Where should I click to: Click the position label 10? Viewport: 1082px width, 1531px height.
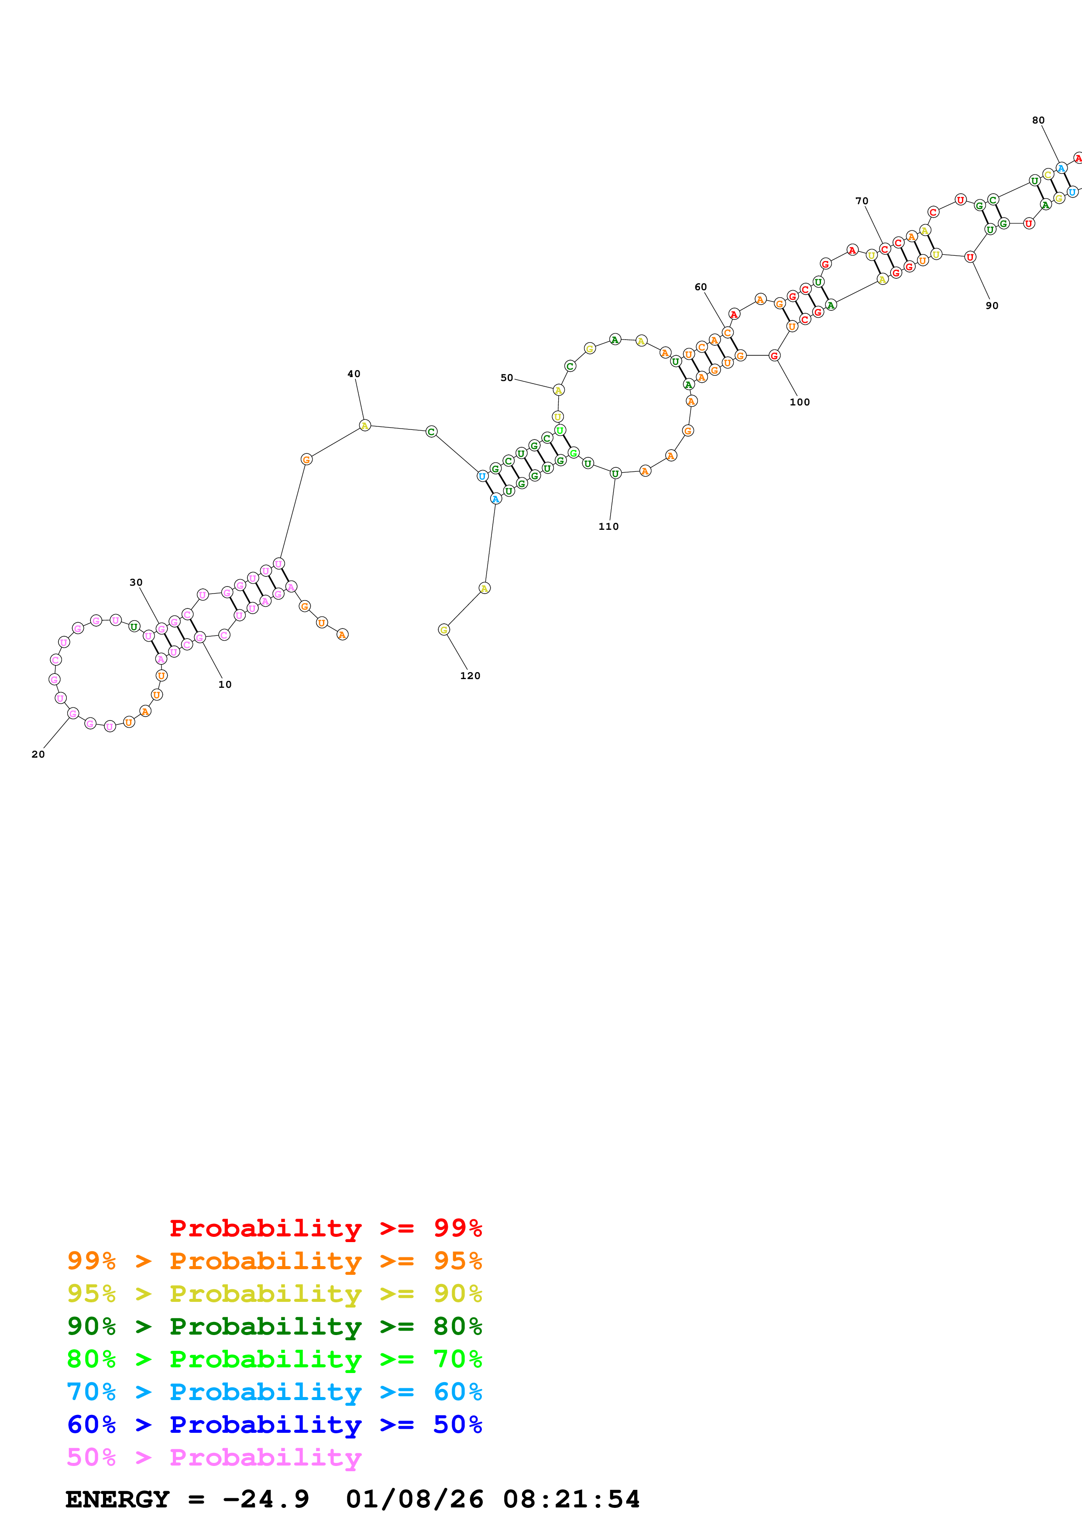(x=225, y=684)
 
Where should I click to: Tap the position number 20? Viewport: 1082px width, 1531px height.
(x=38, y=754)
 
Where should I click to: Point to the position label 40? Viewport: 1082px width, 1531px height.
(x=354, y=374)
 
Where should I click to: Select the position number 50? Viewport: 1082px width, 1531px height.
(x=507, y=378)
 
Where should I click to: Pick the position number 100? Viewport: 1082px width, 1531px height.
(x=799, y=402)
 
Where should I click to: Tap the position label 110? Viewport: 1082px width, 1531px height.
(x=608, y=526)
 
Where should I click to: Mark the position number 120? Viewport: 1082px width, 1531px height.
(x=470, y=676)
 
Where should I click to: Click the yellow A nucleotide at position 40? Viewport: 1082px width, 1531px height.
(x=364, y=426)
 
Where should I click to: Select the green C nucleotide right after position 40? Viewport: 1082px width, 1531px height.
(x=431, y=432)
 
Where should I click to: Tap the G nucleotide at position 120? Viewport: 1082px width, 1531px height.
(x=444, y=629)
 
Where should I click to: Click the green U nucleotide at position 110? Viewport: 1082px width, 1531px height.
(x=615, y=474)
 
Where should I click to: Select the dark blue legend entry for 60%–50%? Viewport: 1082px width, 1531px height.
(x=274, y=1425)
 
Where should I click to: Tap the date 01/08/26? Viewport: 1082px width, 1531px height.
(x=415, y=1499)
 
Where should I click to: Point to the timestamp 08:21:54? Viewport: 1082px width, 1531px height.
(x=571, y=1499)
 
